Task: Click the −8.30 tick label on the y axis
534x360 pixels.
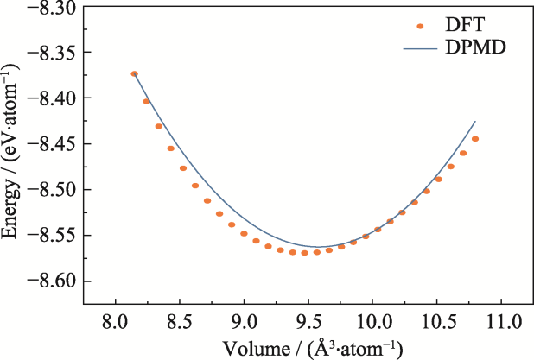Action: (53, 8)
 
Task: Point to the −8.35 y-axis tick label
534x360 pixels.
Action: (53, 54)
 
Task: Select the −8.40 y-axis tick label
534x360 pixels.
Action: (53, 99)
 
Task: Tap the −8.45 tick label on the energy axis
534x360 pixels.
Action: (53, 144)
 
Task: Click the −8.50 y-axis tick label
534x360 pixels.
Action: (53, 190)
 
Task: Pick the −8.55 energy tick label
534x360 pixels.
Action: (53, 236)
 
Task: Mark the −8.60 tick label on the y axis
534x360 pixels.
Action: (53, 281)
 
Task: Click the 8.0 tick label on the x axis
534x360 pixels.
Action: (116, 321)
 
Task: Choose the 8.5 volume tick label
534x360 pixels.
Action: (180, 321)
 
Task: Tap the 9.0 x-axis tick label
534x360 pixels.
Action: (245, 321)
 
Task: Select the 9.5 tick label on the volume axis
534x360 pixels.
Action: (308, 321)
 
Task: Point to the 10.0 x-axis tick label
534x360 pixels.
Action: (372, 321)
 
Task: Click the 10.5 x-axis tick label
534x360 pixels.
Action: (437, 321)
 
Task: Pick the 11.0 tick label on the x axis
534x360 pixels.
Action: (501, 321)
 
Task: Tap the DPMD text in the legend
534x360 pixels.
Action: (474, 48)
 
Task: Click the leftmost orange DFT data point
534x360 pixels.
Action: (134, 74)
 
